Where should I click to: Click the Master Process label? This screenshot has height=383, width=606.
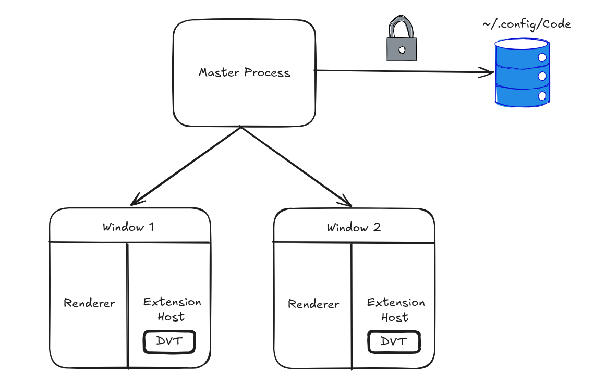(244, 72)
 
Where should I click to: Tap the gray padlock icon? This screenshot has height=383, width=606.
(402, 39)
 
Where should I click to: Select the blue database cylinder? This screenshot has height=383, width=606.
(522, 72)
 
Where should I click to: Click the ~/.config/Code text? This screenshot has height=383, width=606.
(527, 24)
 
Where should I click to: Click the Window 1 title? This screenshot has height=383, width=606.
(128, 227)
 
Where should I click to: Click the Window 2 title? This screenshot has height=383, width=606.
(354, 227)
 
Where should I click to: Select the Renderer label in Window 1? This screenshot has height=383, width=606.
(89, 303)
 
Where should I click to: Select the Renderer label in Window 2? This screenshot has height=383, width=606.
(313, 304)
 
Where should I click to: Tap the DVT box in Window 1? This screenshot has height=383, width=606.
(169, 342)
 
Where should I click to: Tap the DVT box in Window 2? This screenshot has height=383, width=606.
(394, 342)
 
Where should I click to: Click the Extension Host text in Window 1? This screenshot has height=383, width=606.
(172, 309)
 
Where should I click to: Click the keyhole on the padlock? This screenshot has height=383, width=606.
(402, 50)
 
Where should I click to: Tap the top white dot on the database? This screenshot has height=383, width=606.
(542, 57)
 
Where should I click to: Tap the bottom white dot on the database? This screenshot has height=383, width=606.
(542, 96)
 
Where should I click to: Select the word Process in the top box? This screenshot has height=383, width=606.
(267, 72)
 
